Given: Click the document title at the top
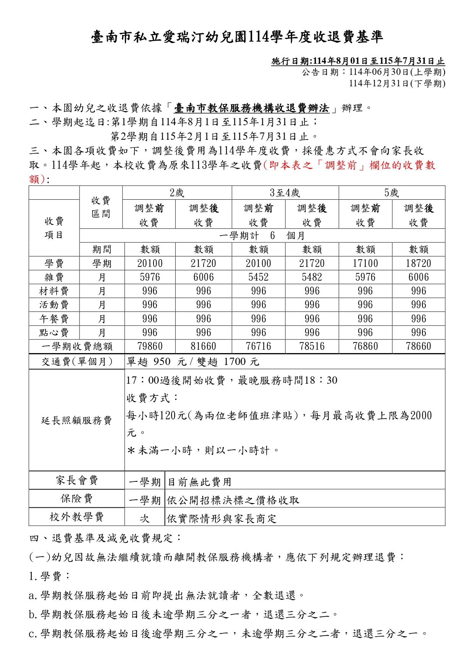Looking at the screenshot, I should pos(237,37).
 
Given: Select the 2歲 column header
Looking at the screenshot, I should pos(177,193).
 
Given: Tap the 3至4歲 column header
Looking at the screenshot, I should pos(285,193).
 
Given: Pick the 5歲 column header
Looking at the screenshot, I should pos(391,193).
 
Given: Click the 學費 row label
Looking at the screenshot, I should pos(54,263).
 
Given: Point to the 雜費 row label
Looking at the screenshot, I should pos(54,277).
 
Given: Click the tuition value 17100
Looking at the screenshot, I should pos(365,263).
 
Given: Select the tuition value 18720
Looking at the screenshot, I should pos(419,263).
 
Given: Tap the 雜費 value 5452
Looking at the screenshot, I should pos(259,277).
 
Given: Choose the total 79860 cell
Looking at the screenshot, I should pos(150,346).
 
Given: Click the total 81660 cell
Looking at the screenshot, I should pos(204,346).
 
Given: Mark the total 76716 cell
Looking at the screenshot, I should pos(259,346).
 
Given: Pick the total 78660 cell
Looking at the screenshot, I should pos(419,346).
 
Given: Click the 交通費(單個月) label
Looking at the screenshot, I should pos(77,362).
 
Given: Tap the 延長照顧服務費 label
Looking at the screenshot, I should pos(76,420).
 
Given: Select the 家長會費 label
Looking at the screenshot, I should pos(77,480).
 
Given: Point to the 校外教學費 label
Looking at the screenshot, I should pos(77,517).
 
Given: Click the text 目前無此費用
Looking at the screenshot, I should pos(200,482).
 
